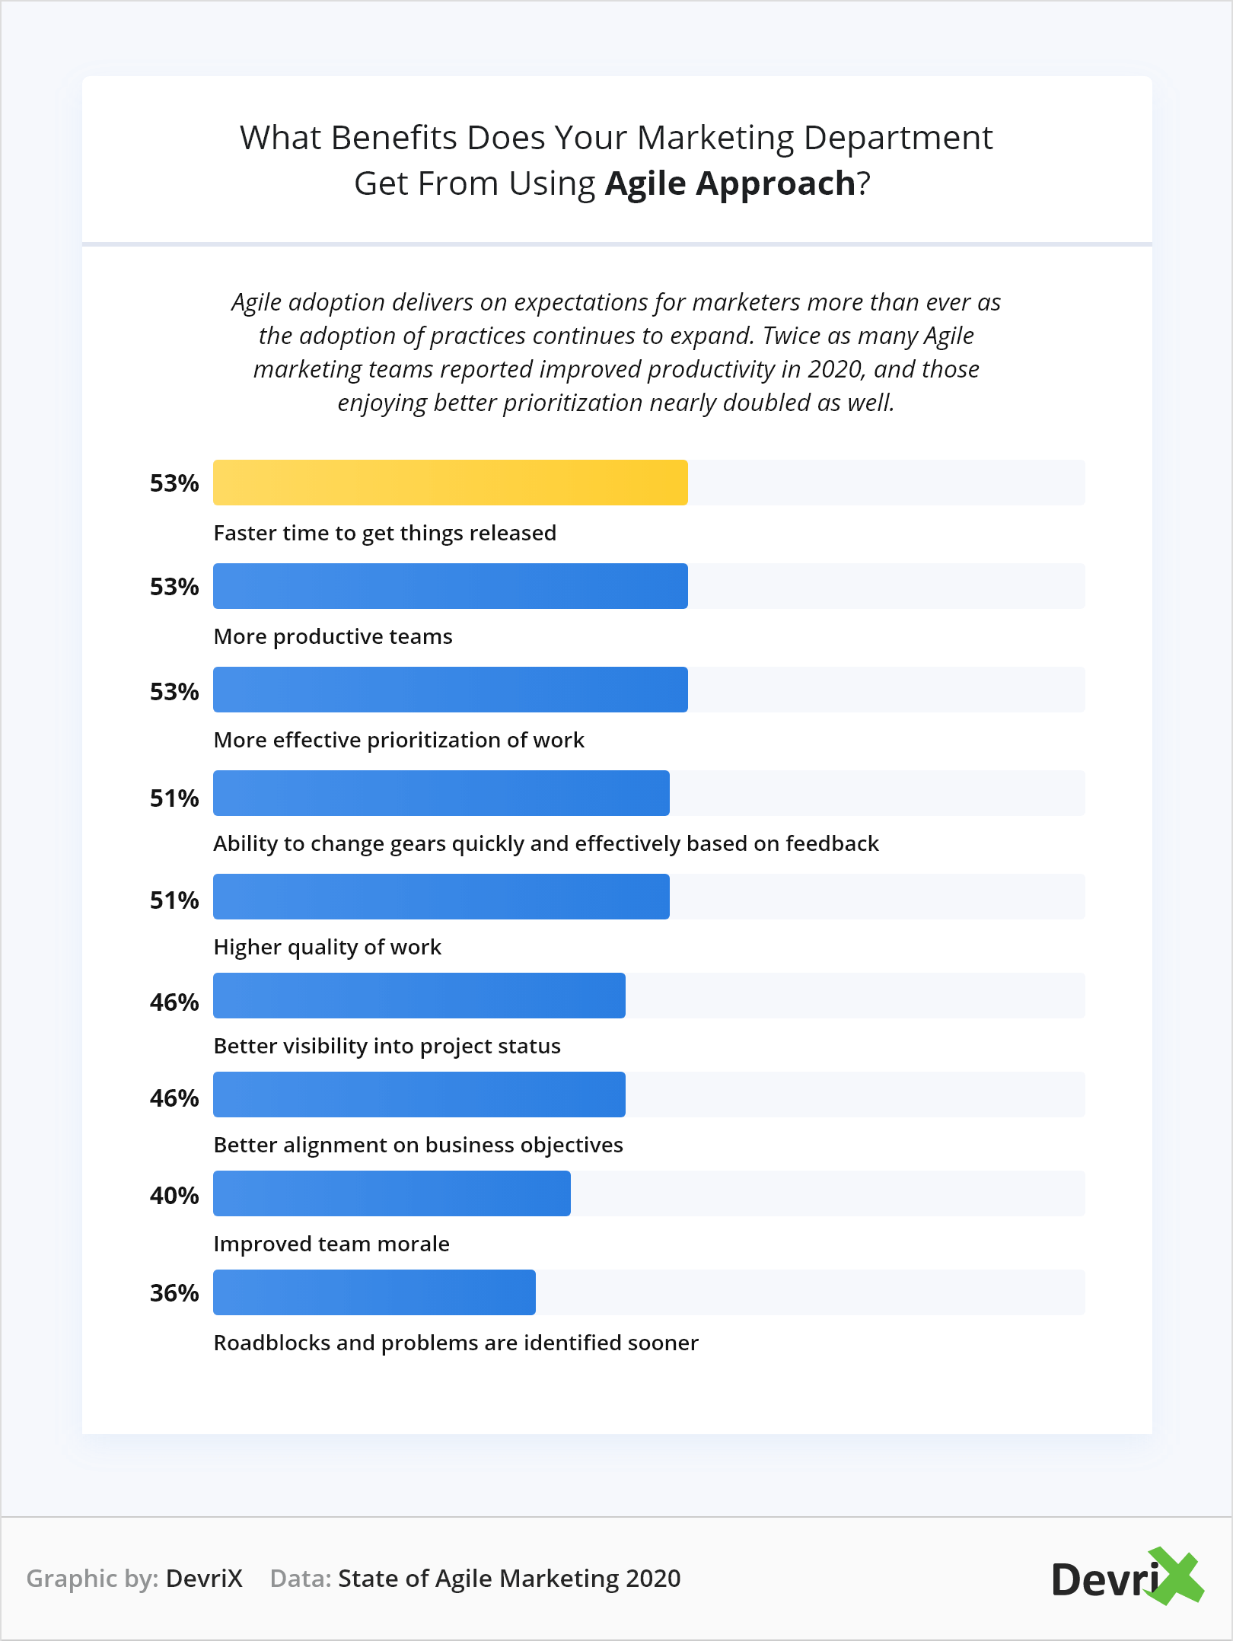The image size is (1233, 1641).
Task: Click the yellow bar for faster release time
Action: coord(450,483)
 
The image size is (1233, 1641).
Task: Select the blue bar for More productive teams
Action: coord(450,586)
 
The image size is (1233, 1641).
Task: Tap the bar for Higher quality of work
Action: coord(441,897)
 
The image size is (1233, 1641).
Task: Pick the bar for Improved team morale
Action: coord(391,1193)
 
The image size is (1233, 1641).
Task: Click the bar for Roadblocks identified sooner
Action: coord(374,1292)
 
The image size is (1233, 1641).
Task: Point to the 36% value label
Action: coord(174,1293)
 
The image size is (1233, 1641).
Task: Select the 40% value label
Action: coord(174,1196)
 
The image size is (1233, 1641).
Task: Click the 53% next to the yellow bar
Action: coord(174,483)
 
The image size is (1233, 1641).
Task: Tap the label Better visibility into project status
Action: coord(387,1046)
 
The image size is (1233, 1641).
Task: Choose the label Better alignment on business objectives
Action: coord(418,1145)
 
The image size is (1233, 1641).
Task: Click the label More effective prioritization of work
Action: coord(399,740)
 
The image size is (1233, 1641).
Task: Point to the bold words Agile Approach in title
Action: coord(730,183)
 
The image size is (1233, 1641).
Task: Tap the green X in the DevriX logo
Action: coord(1176,1576)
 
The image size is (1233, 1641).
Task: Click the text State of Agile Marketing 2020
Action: coord(509,1579)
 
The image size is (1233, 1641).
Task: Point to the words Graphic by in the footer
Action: coord(92,1579)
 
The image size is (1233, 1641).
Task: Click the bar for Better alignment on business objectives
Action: coord(419,1095)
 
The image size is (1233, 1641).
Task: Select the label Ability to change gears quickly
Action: coord(546,843)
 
